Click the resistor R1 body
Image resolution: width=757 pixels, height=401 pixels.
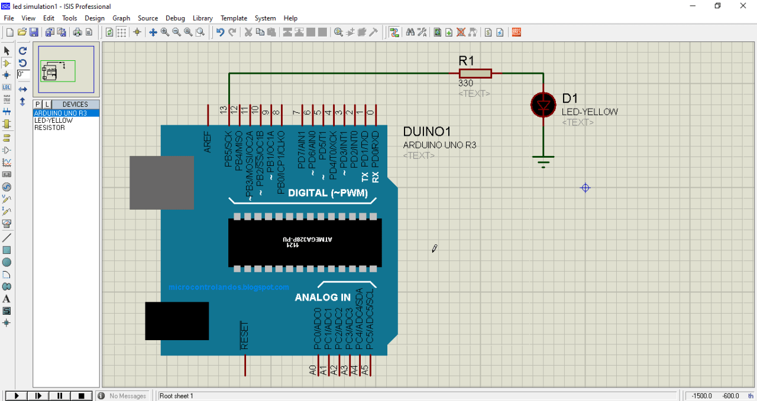[x=475, y=73]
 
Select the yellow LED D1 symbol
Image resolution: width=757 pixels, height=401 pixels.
[x=543, y=105]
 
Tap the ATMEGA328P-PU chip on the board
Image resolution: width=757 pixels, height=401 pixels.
[x=305, y=242]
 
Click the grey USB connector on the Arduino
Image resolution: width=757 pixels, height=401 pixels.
[x=161, y=182]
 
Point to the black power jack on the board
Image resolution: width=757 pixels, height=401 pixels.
[x=177, y=321]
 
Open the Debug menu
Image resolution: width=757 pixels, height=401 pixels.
[x=175, y=18]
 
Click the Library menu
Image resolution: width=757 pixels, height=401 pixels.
[x=203, y=18]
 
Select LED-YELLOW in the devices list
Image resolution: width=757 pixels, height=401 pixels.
[x=53, y=120]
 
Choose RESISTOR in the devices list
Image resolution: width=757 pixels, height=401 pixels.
[x=50, y=128]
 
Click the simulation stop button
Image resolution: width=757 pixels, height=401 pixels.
[x=82, y=396]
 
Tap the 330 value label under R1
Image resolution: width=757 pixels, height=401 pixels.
[x=465, y=83]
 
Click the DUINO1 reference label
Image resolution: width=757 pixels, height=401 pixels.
[x=426, y=132]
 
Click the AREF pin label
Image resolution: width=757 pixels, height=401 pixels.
[x=208, y=142]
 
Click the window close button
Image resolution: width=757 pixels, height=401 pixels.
[x=743, y=6]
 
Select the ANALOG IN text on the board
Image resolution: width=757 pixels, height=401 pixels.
[x=323, y=298]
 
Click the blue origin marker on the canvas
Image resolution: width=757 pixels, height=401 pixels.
[x=585, y=188]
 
